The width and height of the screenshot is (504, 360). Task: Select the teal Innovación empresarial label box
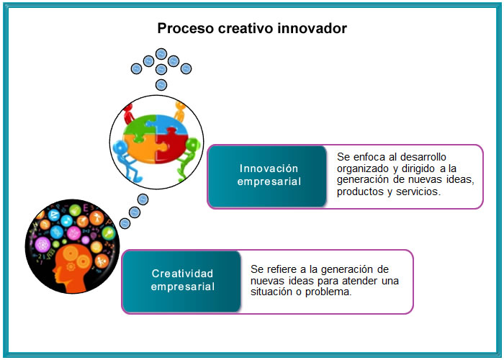coord(267,176)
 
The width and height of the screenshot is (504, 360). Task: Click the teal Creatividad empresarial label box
coord(182,282)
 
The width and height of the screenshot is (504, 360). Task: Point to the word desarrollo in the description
coord(423,157)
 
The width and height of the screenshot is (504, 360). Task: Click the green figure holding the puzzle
coord(188,157)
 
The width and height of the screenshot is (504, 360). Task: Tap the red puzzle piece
coord(170,144)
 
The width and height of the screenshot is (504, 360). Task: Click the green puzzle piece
coord(139,126)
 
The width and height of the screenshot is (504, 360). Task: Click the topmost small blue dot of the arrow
coord(161,54)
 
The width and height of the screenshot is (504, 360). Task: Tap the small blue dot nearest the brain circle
coord(125,223)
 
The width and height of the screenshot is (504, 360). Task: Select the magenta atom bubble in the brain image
coord(42,245)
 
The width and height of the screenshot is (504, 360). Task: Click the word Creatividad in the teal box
coord(182,274)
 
